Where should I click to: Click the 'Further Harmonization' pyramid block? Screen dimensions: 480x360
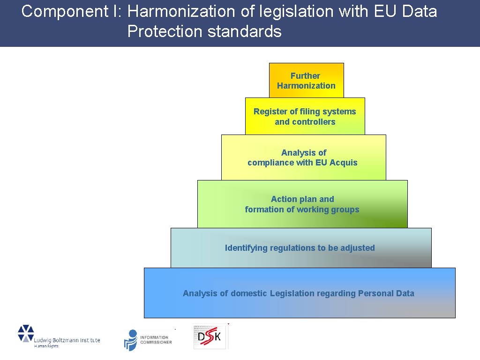tap(306, 80)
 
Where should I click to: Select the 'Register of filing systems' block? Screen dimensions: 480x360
tap(305, 116)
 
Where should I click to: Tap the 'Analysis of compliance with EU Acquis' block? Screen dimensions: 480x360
tap(303, 157)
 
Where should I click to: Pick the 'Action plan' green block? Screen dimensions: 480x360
tap(302, 204)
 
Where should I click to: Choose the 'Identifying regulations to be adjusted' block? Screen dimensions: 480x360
tap(300, 248)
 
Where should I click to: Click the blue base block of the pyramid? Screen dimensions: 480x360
tap(299, 293)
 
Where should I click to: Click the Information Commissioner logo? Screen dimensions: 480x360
tap(148, 339)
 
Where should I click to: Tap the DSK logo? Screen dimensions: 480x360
tap(210, 336)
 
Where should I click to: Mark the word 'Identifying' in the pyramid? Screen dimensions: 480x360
tap(246, 248)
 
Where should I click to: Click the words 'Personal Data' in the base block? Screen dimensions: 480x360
tap(386, 293)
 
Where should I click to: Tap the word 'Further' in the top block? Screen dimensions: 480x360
tap(305, 75)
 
